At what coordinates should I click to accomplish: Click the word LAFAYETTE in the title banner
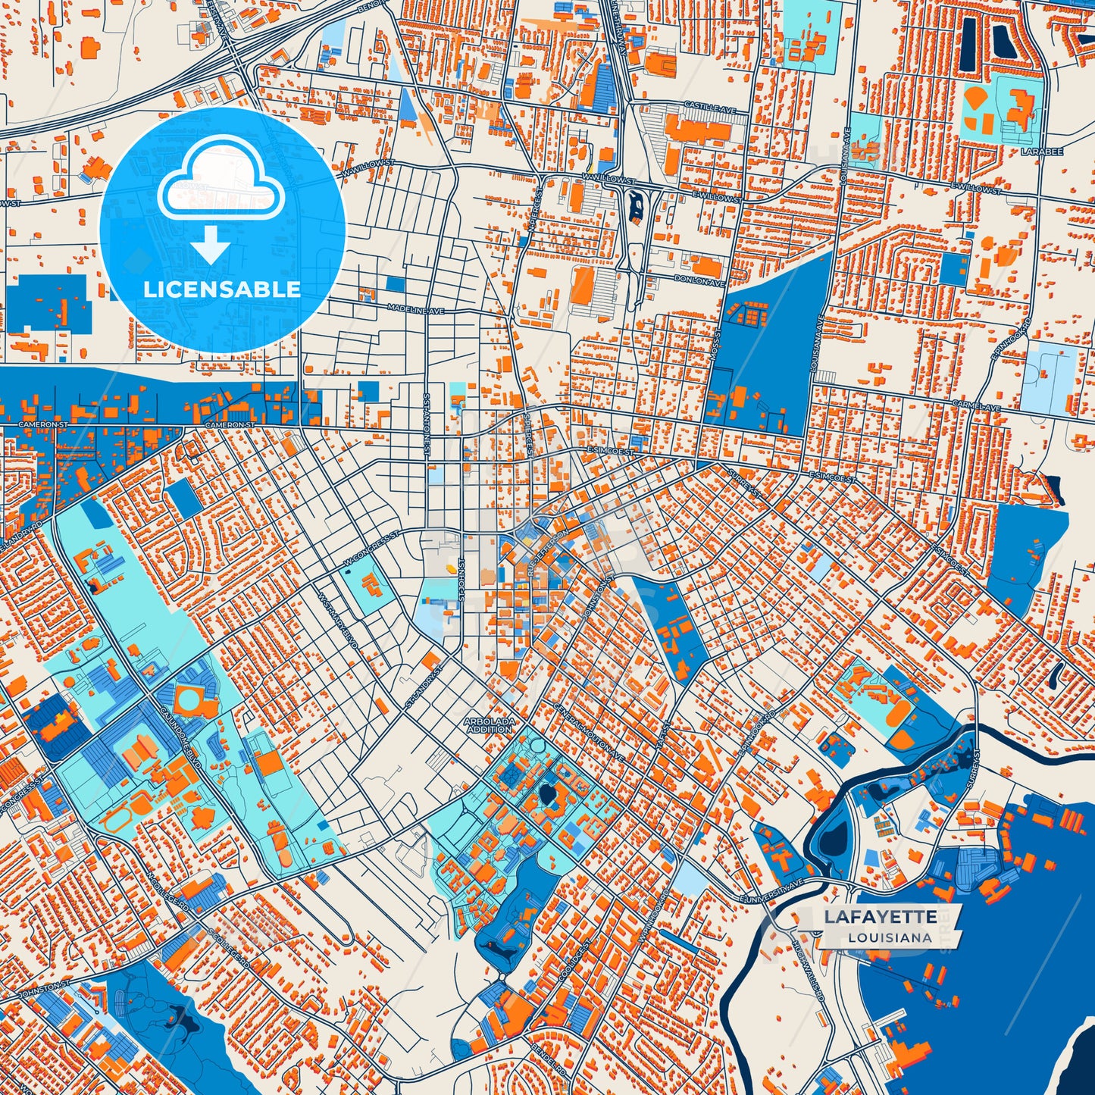(881, 917)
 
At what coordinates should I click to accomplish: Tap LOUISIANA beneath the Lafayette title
(890, 937)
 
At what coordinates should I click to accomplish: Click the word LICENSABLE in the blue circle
(222, 289)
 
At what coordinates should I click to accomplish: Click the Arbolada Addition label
(490, 725)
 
